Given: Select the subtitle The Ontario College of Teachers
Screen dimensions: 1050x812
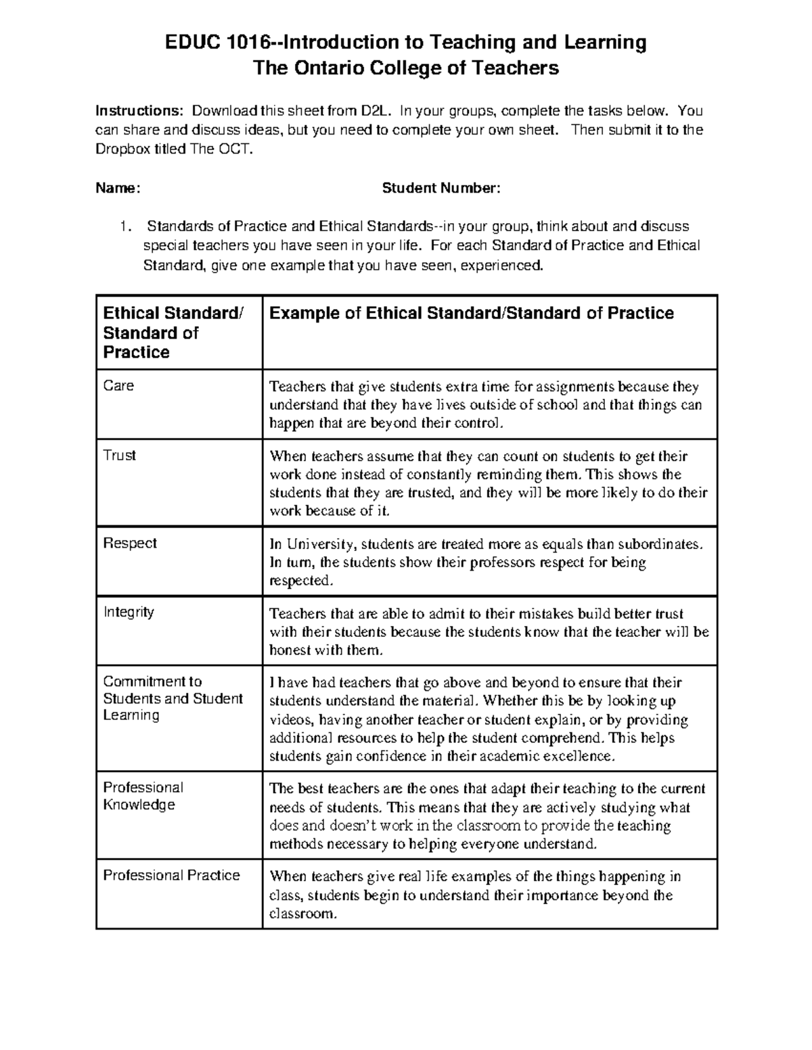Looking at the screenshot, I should tap(405, 68).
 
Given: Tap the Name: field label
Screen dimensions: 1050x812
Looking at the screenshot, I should tap(118, 188).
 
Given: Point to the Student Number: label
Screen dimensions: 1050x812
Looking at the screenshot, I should tap(441, 188).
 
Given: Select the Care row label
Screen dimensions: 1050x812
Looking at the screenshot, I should tap(118, 386).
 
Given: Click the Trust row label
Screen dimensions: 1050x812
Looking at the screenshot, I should tap(120, 456).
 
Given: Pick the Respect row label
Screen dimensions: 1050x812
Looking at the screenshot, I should tap(130, 544).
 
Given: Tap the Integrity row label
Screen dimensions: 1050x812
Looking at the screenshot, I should tap(129, 613).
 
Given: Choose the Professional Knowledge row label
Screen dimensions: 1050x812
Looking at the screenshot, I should tap(143, 796).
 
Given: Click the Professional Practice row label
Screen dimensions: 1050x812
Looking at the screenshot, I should tap(171, 876).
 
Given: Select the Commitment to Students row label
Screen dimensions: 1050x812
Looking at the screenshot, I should tap(172, 698).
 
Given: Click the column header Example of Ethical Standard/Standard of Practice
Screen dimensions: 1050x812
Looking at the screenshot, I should tap(472, 313).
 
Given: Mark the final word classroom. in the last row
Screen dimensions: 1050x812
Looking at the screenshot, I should tap(302, 914).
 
